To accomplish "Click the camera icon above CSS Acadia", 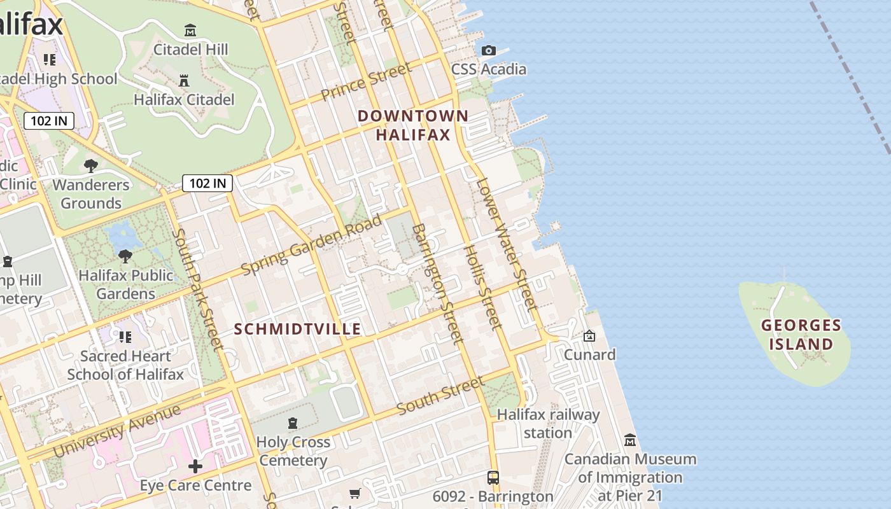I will tap(489, 50).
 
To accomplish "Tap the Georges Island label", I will tap(801, 335).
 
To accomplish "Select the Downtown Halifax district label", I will tap(413, 125).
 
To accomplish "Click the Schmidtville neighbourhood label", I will tap(297, 329).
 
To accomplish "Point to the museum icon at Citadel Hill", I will tap(190, 30).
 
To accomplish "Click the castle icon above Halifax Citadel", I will tap(184, 80).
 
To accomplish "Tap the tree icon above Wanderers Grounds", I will tap(91, 166).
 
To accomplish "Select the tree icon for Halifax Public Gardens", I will tap(125, 256).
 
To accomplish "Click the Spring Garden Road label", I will tap(311, 245).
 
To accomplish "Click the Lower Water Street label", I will tap(507, 245).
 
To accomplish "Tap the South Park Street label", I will tap(197, 289).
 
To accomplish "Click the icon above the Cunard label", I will tap(589, 336).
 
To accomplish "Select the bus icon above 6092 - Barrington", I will tap(493, 477).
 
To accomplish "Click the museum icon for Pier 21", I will tap(630, 440).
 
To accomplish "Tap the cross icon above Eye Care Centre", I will tap(195, 466).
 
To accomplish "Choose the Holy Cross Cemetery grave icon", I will tap(293, 423).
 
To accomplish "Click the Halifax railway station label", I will tap(548, 424).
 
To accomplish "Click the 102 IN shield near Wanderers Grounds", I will tap(207, 183).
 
